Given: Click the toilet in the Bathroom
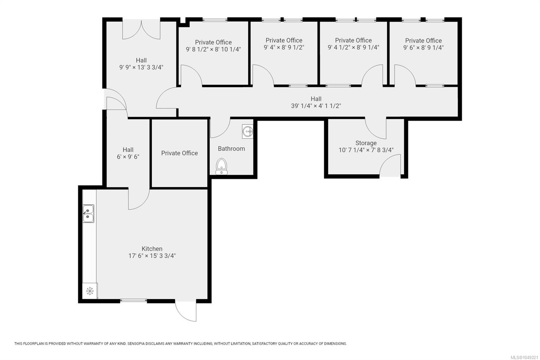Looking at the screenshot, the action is (x=221, y=166).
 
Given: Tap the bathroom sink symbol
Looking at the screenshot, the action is (x=248, y=131).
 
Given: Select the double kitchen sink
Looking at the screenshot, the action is (x=88, y=213).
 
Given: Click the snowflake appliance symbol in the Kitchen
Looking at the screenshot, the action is (x=90, y=291).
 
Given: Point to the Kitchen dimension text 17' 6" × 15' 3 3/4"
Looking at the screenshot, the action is (x=152, y=256).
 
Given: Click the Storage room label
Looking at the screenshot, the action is (x=366, y=143).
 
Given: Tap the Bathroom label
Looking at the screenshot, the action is (x=232, y=149).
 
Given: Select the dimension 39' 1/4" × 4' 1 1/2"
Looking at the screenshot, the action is (x=316, y=106).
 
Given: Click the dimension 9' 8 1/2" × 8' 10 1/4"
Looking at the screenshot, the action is (x=213, y=49).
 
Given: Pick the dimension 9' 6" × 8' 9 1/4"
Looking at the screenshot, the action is (x=423, y=48).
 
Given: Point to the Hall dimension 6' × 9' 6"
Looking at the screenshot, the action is (x=128, y=157).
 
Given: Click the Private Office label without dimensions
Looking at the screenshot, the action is (x=179, y=153).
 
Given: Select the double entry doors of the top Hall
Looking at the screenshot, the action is (x=141, y=29).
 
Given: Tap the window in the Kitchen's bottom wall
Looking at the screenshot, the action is (x=133, y=301).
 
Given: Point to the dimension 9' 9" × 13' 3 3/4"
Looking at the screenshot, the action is (x=141, y=67).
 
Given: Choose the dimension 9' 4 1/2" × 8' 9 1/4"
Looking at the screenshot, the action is (x=353, y=48).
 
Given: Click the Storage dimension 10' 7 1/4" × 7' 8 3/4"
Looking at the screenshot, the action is (x=366, y=150).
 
